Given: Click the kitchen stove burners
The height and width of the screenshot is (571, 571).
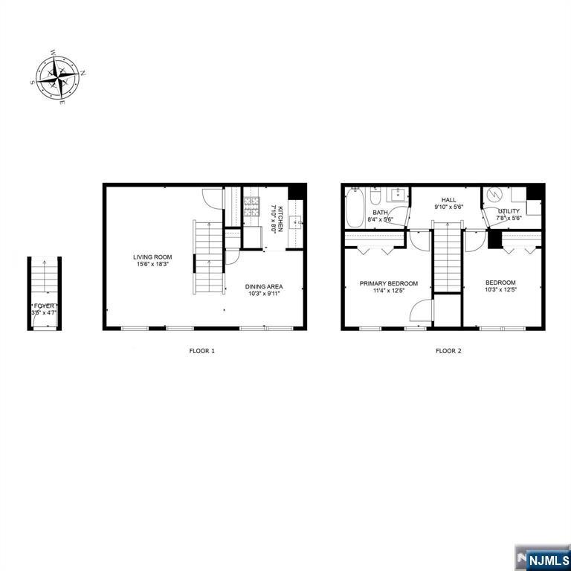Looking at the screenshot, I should click(x=252, y=204).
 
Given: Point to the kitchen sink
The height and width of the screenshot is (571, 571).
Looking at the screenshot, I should click(x=295, y=221).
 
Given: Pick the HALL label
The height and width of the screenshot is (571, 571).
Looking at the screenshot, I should click(x=448, y=200).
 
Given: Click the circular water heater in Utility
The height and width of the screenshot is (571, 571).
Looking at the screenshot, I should click(x=494, y=196).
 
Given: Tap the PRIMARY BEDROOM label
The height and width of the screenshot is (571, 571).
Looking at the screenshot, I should click(x=388, y=283).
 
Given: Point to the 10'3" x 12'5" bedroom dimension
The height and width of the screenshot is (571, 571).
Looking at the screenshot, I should click(x=500, y=290).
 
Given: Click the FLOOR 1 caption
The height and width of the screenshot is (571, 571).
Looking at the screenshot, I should click(x=201, y=350).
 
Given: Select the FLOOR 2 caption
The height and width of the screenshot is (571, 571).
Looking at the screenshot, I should click(x=448, y=350).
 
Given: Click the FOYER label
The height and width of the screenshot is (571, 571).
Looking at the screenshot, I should click(x=44, y=306).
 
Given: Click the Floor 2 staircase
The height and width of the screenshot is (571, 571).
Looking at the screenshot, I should click(x=448, y=260).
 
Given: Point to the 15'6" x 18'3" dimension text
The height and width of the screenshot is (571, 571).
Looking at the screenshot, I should click(x=153, y=264).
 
